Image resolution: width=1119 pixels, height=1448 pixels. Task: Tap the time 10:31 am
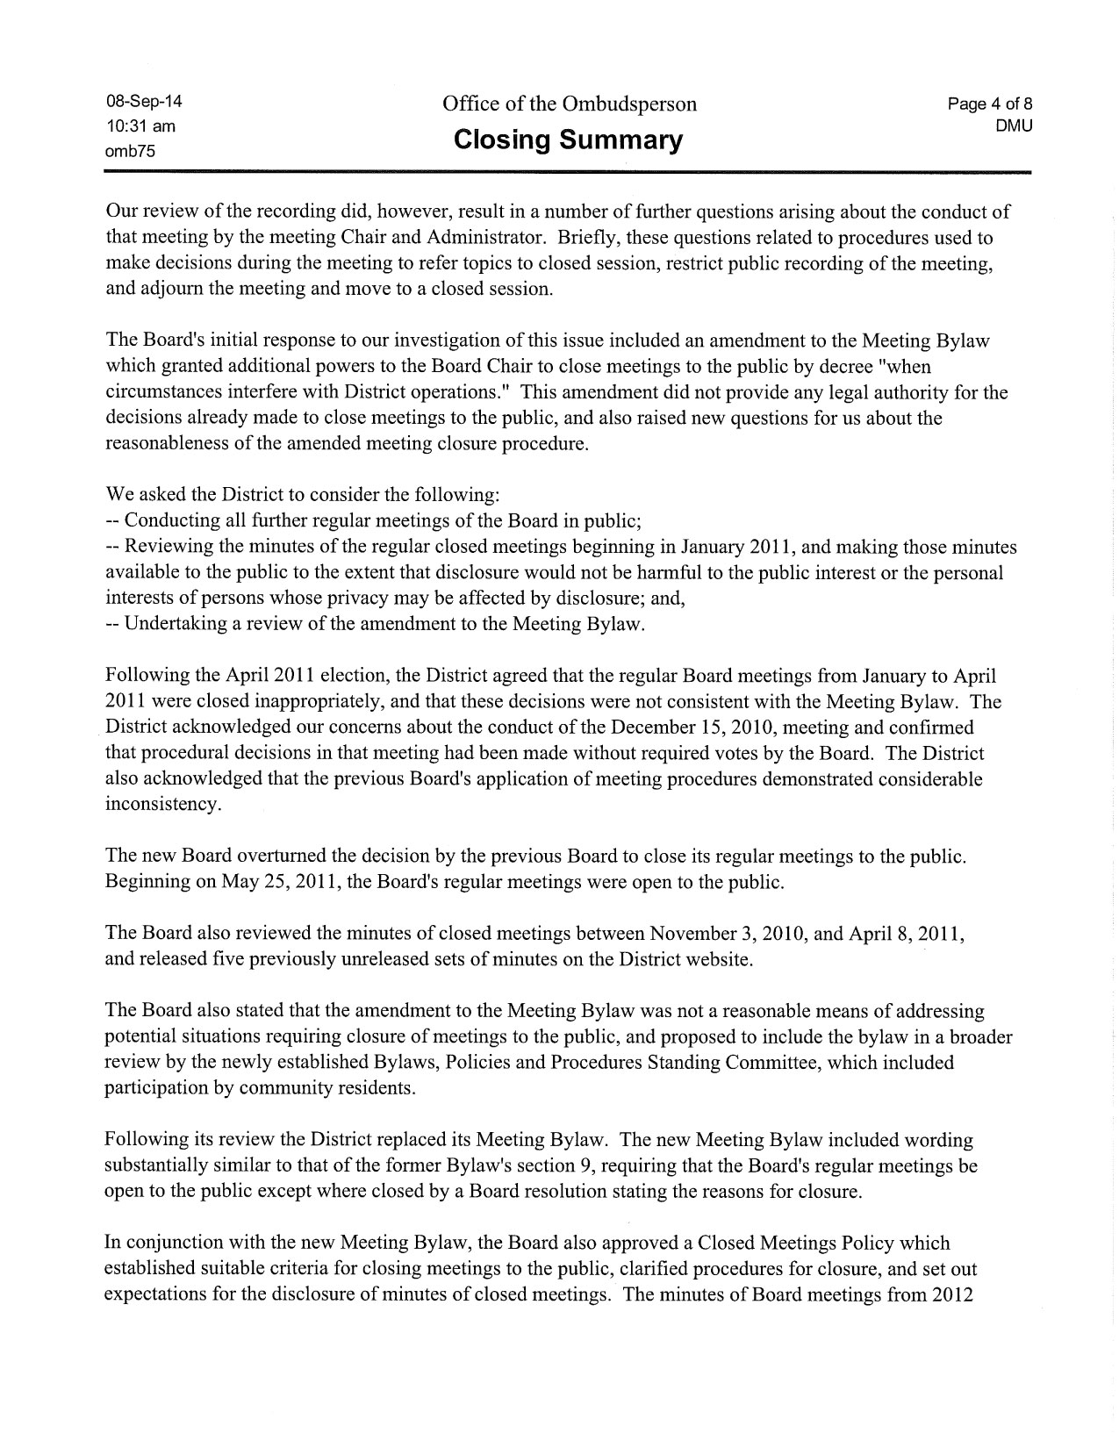[140, 125]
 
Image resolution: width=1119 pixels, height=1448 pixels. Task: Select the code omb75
[130, 150]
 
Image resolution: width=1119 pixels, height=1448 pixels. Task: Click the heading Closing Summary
[568, 140]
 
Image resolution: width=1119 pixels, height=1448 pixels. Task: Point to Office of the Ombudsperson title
[570, 104]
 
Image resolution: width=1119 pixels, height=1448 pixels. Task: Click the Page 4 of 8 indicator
[989, 104]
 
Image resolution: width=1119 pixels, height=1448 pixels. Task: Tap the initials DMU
[1014, 125]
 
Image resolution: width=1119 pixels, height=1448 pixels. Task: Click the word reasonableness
[176, 443]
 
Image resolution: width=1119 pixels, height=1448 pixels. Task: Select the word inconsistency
[162, 804]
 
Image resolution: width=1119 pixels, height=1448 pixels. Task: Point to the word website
[719, 958]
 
